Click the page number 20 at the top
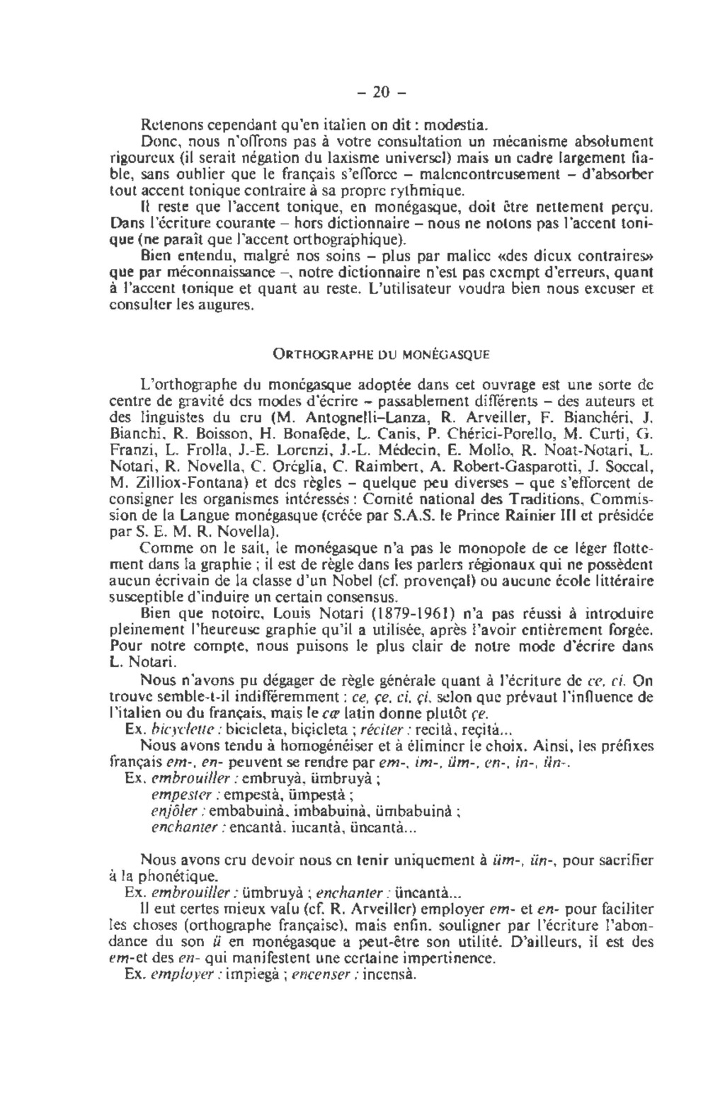[x=382, y=92]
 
